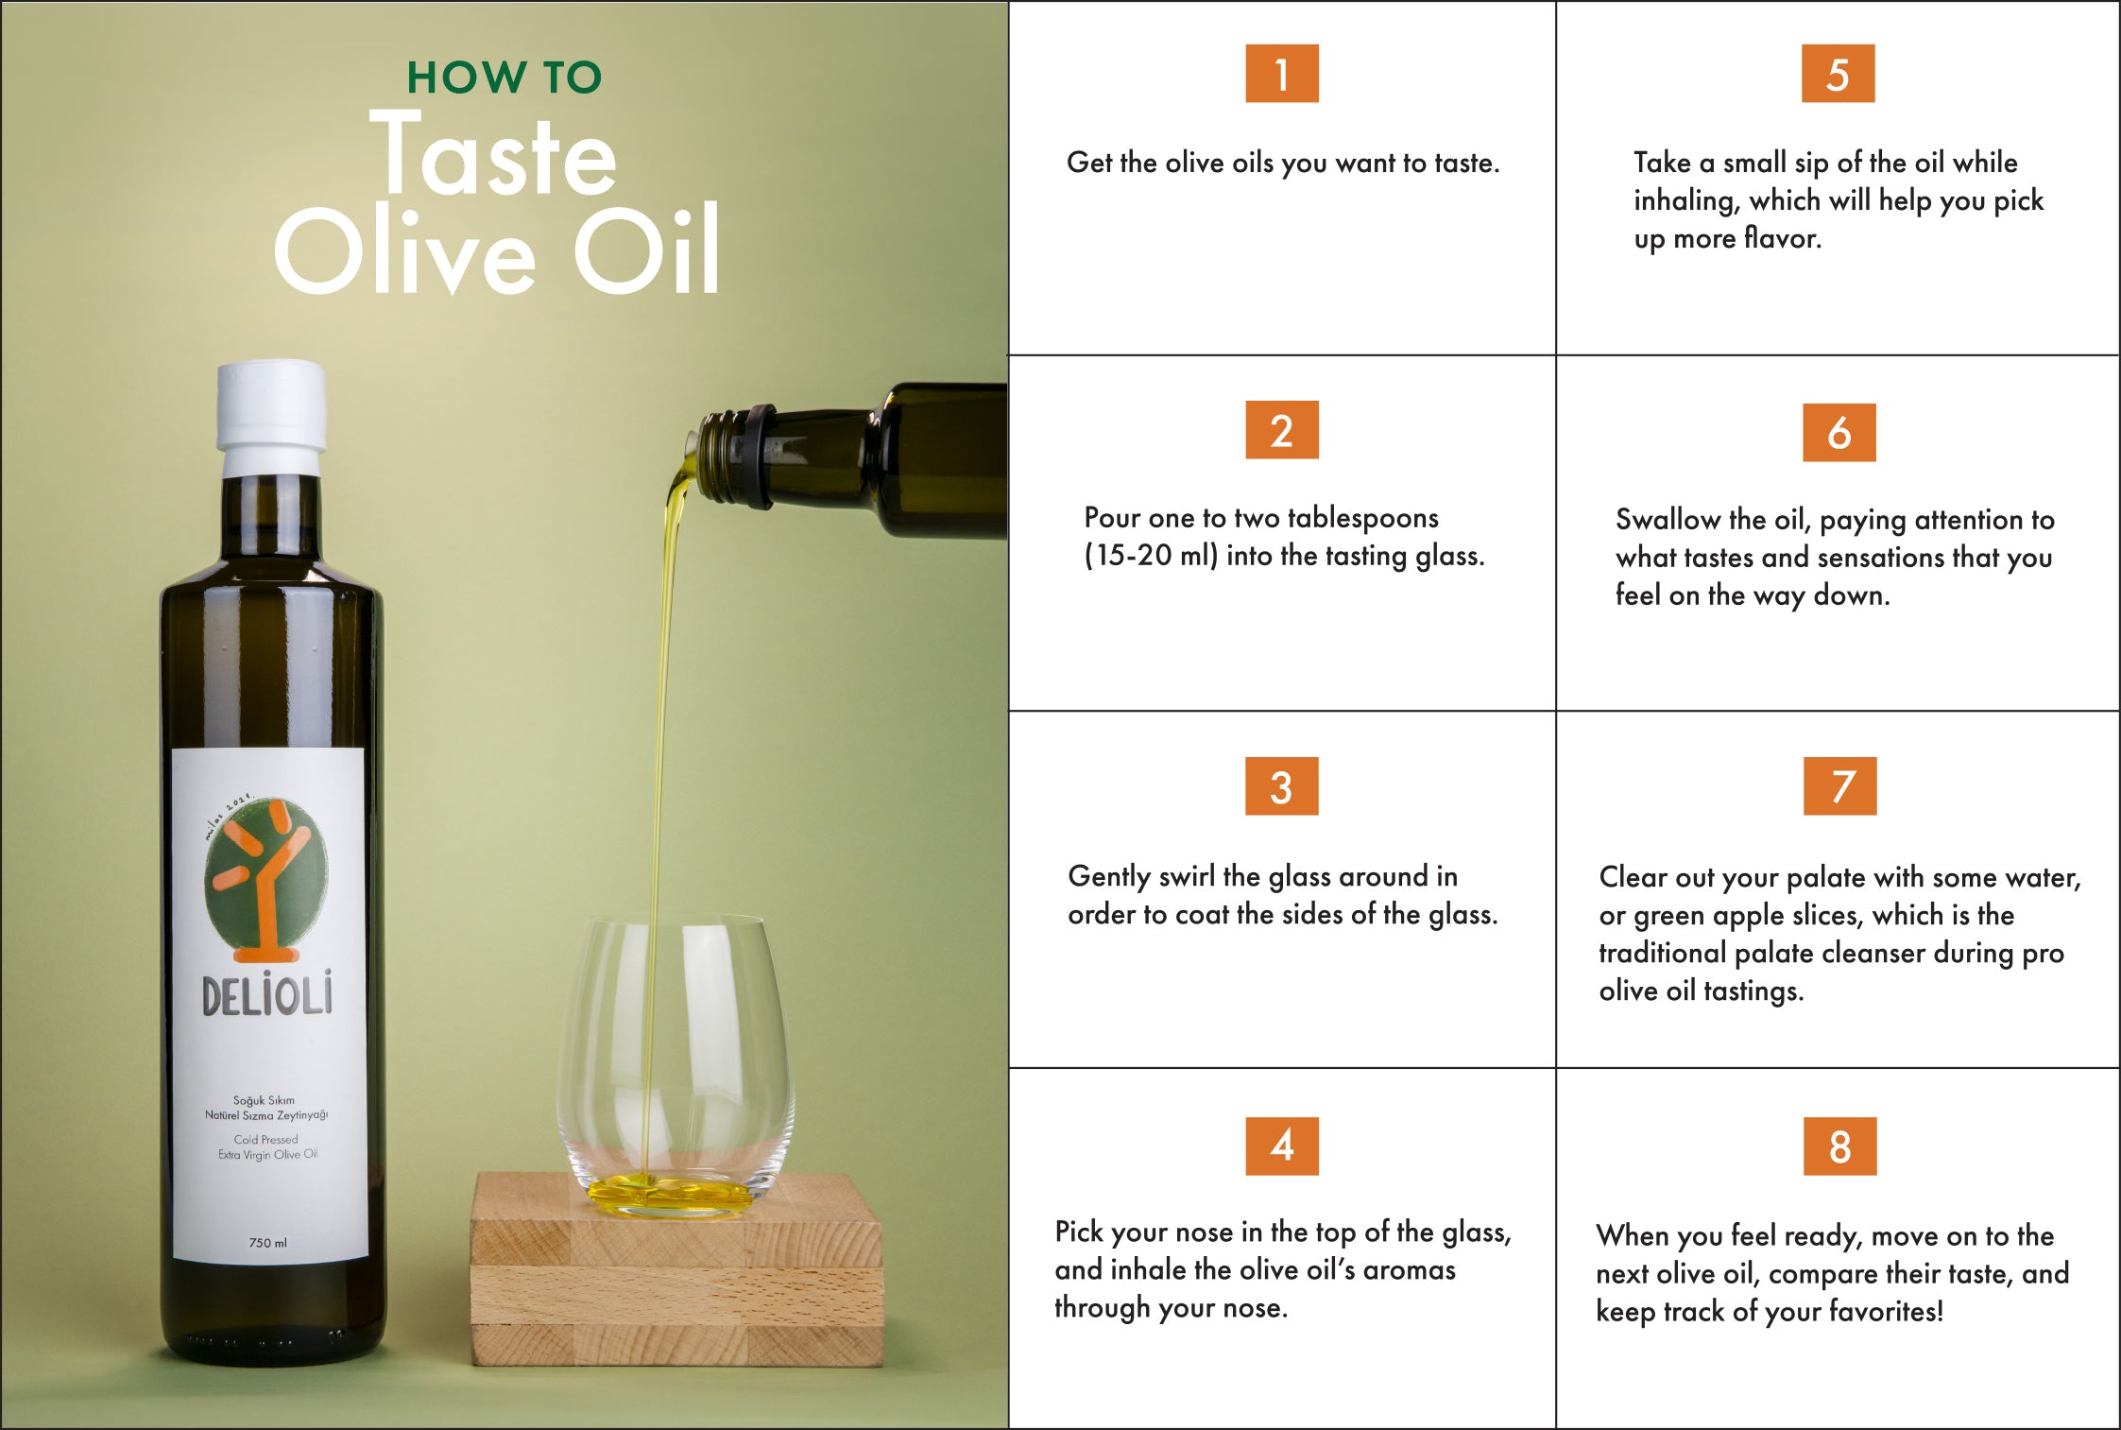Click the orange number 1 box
point(1281,74)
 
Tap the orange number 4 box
point(1281,1146)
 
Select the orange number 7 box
point(1839,786)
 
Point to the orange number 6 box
point(1839,433)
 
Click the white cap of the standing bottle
point(271,418)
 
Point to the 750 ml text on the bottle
point(267,1243)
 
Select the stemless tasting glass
point(675,1063)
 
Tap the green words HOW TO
point(504,78)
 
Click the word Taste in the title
point(492,155)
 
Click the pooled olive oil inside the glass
point(670,1193)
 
